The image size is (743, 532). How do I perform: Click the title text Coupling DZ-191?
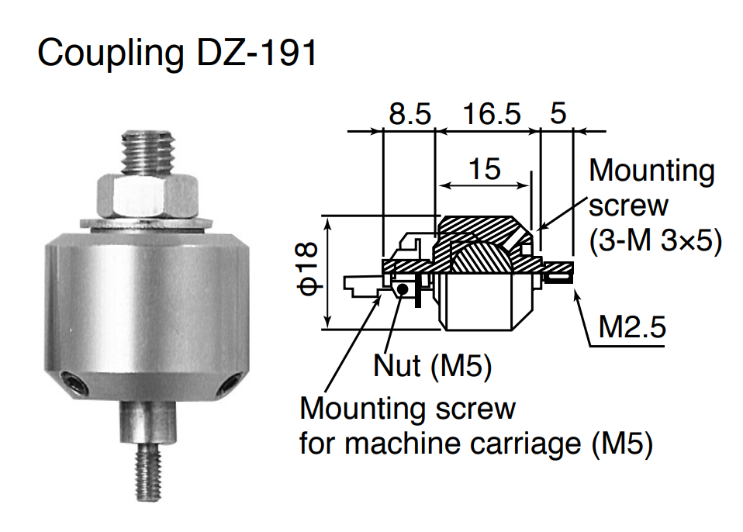tap(178, 52)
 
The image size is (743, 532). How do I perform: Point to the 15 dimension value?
tap(485, 168)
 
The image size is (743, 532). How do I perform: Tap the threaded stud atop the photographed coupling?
tap(147, 153)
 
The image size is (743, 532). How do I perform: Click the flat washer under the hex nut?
tap(147, 224)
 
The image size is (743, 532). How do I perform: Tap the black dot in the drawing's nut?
tap(403, 288)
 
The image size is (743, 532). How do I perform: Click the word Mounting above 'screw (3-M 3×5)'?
tap(651, 171)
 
